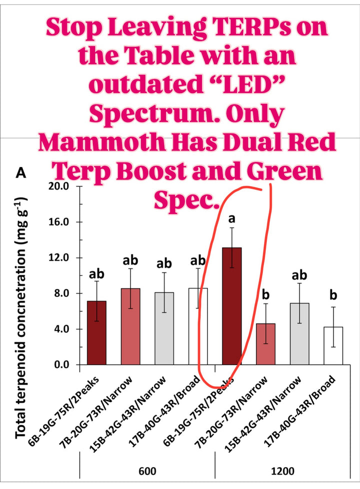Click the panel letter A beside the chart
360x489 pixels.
[21, 173]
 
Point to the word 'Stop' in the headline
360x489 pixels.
[76, 28]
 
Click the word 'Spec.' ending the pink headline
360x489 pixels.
[185, 200]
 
